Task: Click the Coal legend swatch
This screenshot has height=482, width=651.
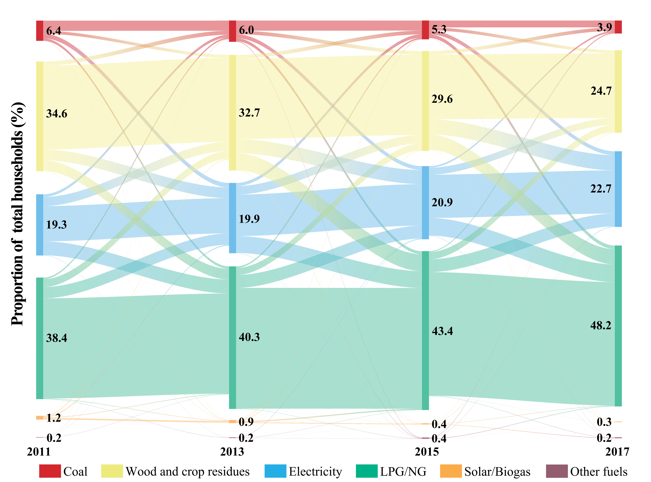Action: pos(50,471)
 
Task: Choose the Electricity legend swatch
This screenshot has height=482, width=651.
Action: pos(275,471)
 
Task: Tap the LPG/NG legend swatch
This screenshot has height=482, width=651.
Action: pos(367,471)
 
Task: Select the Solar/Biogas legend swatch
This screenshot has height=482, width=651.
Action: pos(451,471)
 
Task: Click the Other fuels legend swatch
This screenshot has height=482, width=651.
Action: pos(557,471)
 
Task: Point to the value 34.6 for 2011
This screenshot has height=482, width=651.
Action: pos(57,113)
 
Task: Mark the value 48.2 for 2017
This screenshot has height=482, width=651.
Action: pos(600,325)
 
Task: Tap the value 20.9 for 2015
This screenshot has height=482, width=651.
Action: pos(442,202)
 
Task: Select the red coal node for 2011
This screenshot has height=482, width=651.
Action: pos(40,31)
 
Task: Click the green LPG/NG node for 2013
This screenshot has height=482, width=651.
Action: pos(232,337)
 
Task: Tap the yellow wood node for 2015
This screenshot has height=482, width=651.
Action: pos(425,101)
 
